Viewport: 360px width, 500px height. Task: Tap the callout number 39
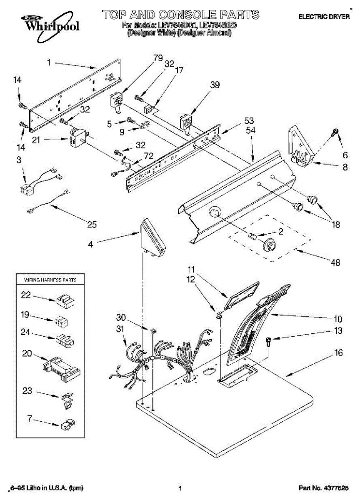click(215, 85)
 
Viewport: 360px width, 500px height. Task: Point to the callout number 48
click(335, 262)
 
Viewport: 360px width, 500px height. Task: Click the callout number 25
click(92, 225)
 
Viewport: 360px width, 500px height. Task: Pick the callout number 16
click(339, 353)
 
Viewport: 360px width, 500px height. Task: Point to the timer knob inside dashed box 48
click(270, 245)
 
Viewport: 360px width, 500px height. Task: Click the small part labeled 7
click(67, 425)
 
